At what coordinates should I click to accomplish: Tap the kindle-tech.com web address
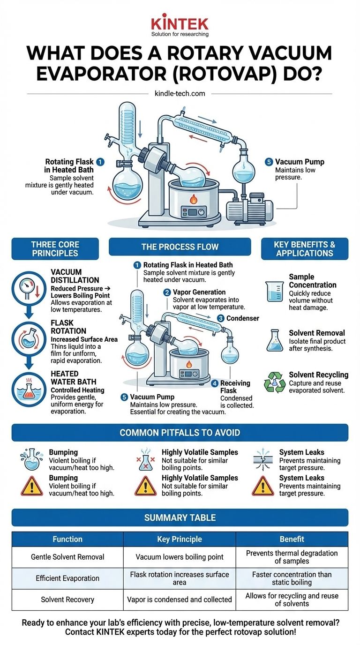(180, 93)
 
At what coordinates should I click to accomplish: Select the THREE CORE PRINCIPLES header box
(55, 249)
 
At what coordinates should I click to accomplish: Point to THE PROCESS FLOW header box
(180, 247)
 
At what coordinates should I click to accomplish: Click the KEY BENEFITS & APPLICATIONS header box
(304, 249)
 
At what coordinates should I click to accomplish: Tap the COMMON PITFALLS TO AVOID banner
(180, 432)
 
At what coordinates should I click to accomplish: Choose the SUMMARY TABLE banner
(180, 518)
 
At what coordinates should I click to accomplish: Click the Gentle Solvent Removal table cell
(67, 557)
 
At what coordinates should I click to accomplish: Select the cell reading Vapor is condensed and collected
(180, 600)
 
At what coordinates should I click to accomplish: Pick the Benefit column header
(292, 539)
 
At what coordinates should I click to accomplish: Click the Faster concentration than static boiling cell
(292, 578)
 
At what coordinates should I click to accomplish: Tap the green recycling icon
(275, 382)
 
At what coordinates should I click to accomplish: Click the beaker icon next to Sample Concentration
(274, 291)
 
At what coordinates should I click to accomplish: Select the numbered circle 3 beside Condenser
(220, 318)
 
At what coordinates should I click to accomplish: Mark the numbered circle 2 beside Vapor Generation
(166, 292)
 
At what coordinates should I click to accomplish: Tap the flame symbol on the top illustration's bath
(193, 198)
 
